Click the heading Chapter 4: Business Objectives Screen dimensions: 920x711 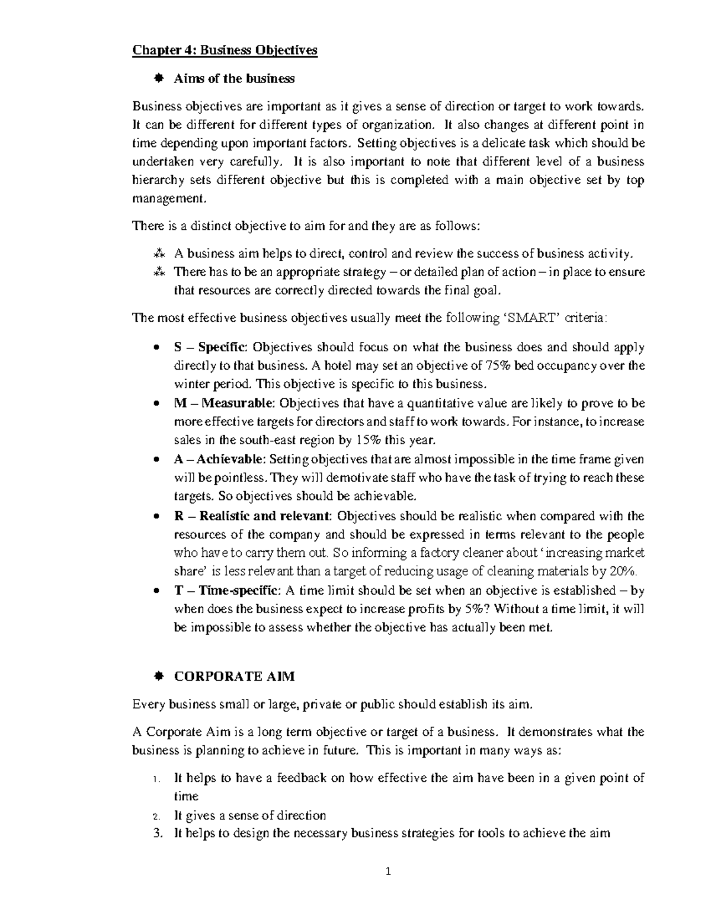tap(225, 50)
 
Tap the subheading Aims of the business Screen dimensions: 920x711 tap(233, 78)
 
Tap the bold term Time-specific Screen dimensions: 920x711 tap(239, 591)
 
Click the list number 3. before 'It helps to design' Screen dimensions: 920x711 tap(157, 834)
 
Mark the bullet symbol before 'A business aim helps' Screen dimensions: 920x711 tap(158, 254)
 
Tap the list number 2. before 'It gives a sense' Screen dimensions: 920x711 tap(157, 816)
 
